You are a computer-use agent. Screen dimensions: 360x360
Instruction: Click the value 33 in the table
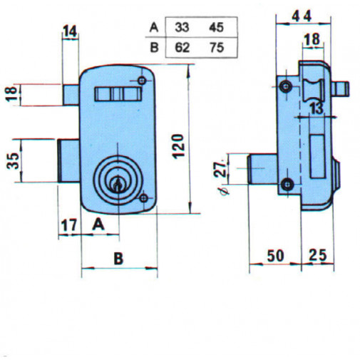(x=182, y=27)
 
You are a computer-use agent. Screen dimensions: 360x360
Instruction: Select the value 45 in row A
(x=217, y=27)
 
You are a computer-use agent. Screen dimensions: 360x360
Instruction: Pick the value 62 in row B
(x=182, y=48)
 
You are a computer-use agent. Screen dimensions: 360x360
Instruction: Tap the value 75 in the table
(x=217, y=48)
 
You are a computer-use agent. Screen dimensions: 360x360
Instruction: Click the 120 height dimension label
(x=178, y=146)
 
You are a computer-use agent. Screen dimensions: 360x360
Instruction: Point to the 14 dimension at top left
(x=70, y=31)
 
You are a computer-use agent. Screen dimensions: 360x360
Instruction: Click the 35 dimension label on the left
(x=13, y=161)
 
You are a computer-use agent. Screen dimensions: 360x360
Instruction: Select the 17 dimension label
(x=69, y=225)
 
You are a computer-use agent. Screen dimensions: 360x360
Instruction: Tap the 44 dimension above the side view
(x=302, y=17)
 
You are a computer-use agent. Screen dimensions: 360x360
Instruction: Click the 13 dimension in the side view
(x=317, y=108)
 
